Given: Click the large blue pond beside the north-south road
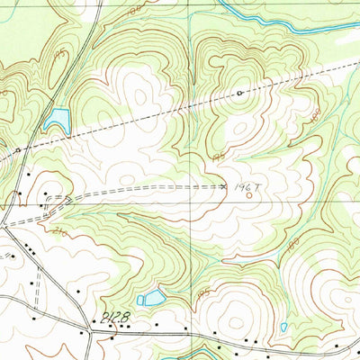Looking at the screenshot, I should tap(56, 118).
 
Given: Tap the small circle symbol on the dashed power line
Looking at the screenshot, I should tap(240, 93).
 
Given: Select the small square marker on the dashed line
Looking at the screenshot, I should tap(19, 149).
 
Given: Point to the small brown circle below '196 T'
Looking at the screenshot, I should tap(249, 196).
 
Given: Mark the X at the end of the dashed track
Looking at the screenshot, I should tap(224, 186).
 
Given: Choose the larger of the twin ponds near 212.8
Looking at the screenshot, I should tap(155, 297).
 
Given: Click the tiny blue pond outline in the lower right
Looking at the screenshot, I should tap(284, 327).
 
